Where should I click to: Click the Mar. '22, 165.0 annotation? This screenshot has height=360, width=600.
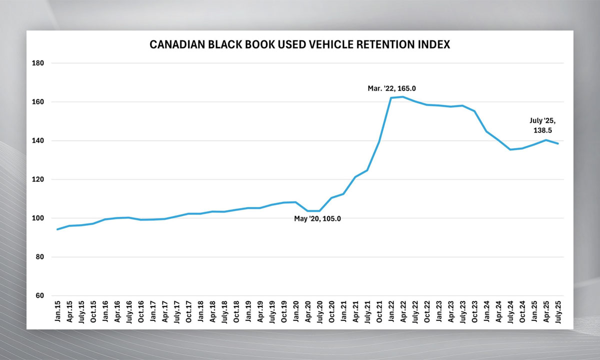tap(392, 88)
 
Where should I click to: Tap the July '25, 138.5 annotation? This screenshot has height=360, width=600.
tap(543, 125)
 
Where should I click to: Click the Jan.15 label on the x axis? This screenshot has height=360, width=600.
tap(57, 311)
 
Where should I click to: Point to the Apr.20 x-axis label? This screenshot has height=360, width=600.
tap(307, 311)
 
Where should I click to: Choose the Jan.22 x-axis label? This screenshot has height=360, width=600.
tap(391, 311)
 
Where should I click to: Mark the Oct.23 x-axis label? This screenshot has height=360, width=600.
tap(474, 311)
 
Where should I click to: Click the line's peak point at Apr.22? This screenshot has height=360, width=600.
tap(403, 96)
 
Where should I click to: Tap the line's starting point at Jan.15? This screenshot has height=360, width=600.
tap(57, 229)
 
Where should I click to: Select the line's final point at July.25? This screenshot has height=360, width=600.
tap(558, 143)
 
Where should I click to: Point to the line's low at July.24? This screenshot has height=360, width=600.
tap(510, 149)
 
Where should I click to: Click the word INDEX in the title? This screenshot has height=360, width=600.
tap(435, 44)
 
